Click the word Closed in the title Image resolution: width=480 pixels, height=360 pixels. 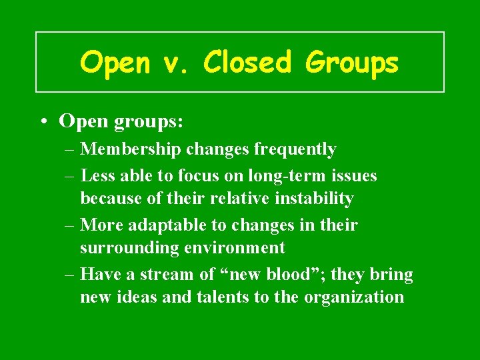click(x=247, y=63)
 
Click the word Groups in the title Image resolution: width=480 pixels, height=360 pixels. click(x=352, y=63)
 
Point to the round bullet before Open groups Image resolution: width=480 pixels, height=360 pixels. click(x=43, y=121)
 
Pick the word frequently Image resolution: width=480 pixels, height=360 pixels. click(x=295, y=149)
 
